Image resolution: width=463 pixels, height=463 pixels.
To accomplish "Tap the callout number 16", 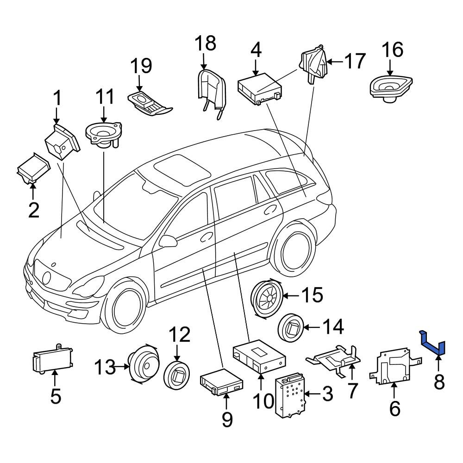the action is [393, 50].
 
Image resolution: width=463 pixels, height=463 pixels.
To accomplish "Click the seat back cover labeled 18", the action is [212, 92].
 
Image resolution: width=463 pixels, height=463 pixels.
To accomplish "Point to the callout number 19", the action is [141, 66].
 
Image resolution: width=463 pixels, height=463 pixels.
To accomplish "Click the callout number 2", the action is [34, 210].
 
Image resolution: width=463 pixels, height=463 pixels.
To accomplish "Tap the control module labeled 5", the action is [53, 359].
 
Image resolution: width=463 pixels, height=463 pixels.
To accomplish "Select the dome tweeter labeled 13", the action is [144, 364].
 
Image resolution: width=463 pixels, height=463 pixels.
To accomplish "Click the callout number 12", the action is [180, 335].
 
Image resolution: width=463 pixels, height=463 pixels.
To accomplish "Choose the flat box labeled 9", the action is [221, 383].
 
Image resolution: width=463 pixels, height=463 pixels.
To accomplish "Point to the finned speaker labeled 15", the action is [266, 299].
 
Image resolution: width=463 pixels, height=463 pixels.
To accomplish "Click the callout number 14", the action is [333, 326].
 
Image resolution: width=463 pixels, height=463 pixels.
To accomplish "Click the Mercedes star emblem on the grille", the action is [47, 278].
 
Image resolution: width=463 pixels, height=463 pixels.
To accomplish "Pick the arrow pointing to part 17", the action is [335, 62].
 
